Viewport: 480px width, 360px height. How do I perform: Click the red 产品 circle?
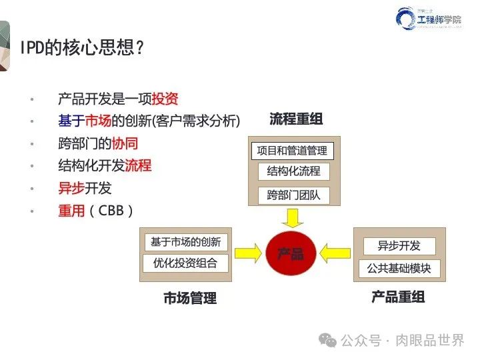pos(291,253)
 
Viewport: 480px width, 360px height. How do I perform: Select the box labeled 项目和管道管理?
pos(292,151)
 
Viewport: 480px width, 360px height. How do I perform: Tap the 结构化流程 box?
pos(293,171)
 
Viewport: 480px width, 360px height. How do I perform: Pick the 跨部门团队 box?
pos(293,195)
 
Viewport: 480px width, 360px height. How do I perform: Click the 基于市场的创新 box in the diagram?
pos(185,242)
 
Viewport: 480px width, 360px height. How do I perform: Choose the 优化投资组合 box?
pos(185,263)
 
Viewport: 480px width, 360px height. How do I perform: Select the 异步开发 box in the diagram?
pos(399,246)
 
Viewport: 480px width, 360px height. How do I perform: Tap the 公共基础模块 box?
pos(399,269)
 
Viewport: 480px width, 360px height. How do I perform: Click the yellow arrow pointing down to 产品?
pos(291,217)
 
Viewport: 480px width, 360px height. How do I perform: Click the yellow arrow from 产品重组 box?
pos(334,252)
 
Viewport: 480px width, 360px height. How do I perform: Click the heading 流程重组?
pos(296,120)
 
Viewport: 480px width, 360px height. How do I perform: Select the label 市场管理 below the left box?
pos(190,298)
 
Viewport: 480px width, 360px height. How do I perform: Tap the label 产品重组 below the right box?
pos(398,297)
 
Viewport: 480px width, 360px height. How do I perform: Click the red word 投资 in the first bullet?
pos(165,99)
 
